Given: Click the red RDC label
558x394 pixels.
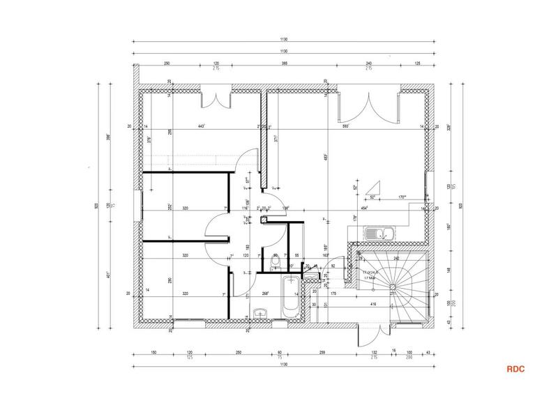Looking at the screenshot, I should pos(515,369).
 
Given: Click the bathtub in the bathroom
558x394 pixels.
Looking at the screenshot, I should pos(289,298).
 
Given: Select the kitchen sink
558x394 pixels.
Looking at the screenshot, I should pos(382,233).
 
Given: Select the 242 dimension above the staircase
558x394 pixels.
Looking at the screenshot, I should pos(396,258).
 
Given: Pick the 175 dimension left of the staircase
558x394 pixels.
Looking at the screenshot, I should pos(333,294).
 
